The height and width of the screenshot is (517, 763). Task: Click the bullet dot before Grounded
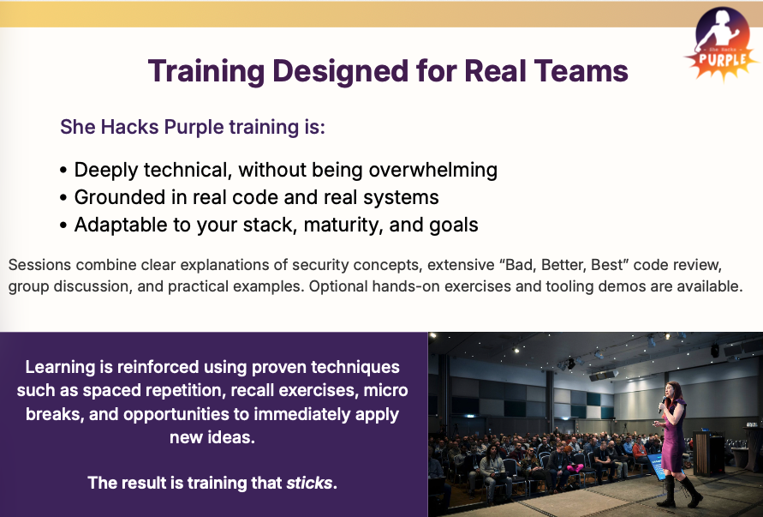tap(64, 198)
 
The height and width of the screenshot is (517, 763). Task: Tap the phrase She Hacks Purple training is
tap(193, 128)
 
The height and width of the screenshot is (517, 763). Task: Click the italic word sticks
tap(309, 483)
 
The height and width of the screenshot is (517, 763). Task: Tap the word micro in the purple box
tap(386, 391)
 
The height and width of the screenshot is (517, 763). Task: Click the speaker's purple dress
tap(675, 437)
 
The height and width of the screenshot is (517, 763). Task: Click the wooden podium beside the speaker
tap(709, 454)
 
